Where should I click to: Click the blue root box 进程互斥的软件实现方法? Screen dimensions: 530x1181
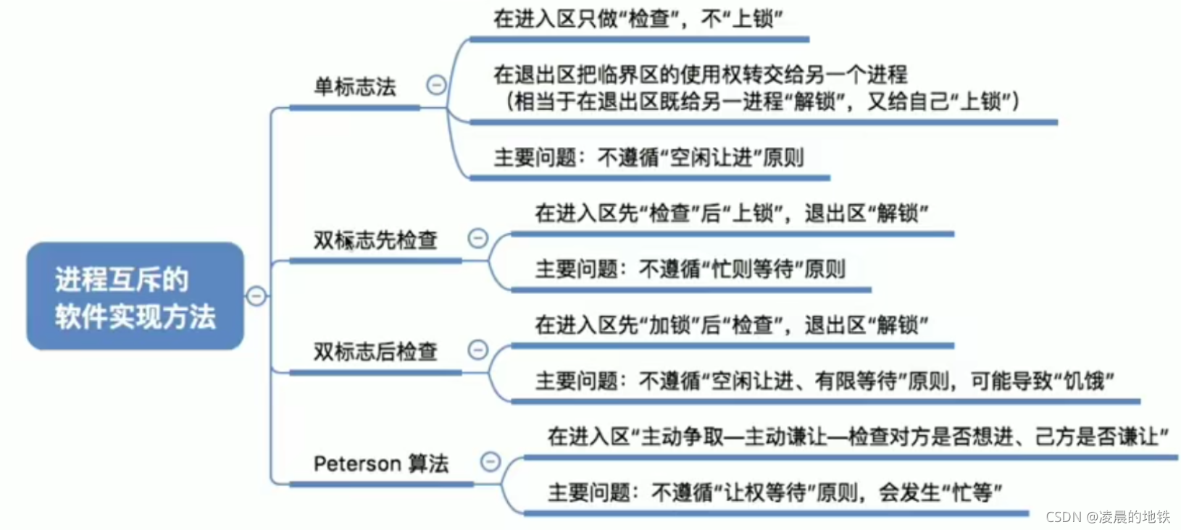(x=135, y=297)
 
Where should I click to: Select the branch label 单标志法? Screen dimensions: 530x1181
(x=354, y=88)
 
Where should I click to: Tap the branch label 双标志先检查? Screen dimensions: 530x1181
(x=375, y=240)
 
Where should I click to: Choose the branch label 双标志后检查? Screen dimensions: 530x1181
(x=375, y=352)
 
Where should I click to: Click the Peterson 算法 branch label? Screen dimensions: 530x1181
(x=380, y=463)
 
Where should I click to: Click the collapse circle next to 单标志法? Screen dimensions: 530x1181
(x=436, y=85)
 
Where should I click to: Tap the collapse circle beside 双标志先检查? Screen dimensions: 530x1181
(x=478, y=238)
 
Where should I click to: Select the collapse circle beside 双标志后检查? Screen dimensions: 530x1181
(x=478, y=350)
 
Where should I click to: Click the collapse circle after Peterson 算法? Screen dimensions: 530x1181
(x=491, y=461)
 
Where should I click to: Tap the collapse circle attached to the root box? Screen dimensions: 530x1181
(x=256, y=296)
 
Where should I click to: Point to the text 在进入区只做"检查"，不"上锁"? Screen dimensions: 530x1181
(x=638, y=19)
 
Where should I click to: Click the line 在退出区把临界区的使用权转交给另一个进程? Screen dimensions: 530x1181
(x=700, y=74)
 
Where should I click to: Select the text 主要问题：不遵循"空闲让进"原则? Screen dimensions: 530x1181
(x=648, y=157)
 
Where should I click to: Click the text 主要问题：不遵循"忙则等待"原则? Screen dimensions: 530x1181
(x=690, y=269)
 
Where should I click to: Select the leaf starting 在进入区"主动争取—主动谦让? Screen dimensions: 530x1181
(x=858, y=437)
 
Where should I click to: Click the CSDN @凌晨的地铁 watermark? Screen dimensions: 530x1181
(x=1108, y=516)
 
